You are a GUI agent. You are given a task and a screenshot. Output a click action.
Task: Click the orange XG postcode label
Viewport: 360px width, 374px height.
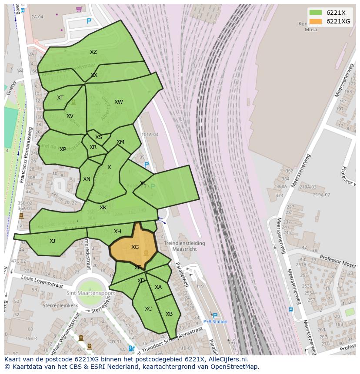135,247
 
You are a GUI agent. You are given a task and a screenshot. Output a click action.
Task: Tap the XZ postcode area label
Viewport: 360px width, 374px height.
93,52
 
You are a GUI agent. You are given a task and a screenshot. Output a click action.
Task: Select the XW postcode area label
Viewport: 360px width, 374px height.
118,102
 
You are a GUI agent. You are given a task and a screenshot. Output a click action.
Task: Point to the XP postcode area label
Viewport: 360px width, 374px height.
63,149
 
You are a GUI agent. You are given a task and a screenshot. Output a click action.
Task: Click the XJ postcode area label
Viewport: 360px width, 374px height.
52,241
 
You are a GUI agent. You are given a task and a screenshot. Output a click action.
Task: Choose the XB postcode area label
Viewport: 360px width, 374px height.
169,314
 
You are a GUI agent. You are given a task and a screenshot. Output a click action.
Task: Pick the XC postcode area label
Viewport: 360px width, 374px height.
148,309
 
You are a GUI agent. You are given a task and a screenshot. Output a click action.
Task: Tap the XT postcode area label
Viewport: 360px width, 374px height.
60,98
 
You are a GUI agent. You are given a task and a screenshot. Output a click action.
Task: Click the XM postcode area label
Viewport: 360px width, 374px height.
120,142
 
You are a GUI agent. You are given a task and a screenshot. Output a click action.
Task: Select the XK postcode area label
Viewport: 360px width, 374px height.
103,208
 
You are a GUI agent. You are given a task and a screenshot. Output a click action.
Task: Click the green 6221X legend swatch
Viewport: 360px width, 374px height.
316,13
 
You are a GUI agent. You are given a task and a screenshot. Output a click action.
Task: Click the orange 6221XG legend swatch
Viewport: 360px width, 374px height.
316,21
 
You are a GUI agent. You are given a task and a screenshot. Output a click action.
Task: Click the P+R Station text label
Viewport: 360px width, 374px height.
215,322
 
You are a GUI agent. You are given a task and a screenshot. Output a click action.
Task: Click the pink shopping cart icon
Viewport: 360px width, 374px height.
79,9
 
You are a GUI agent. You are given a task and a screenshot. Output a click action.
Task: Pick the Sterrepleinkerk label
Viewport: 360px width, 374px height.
60,305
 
